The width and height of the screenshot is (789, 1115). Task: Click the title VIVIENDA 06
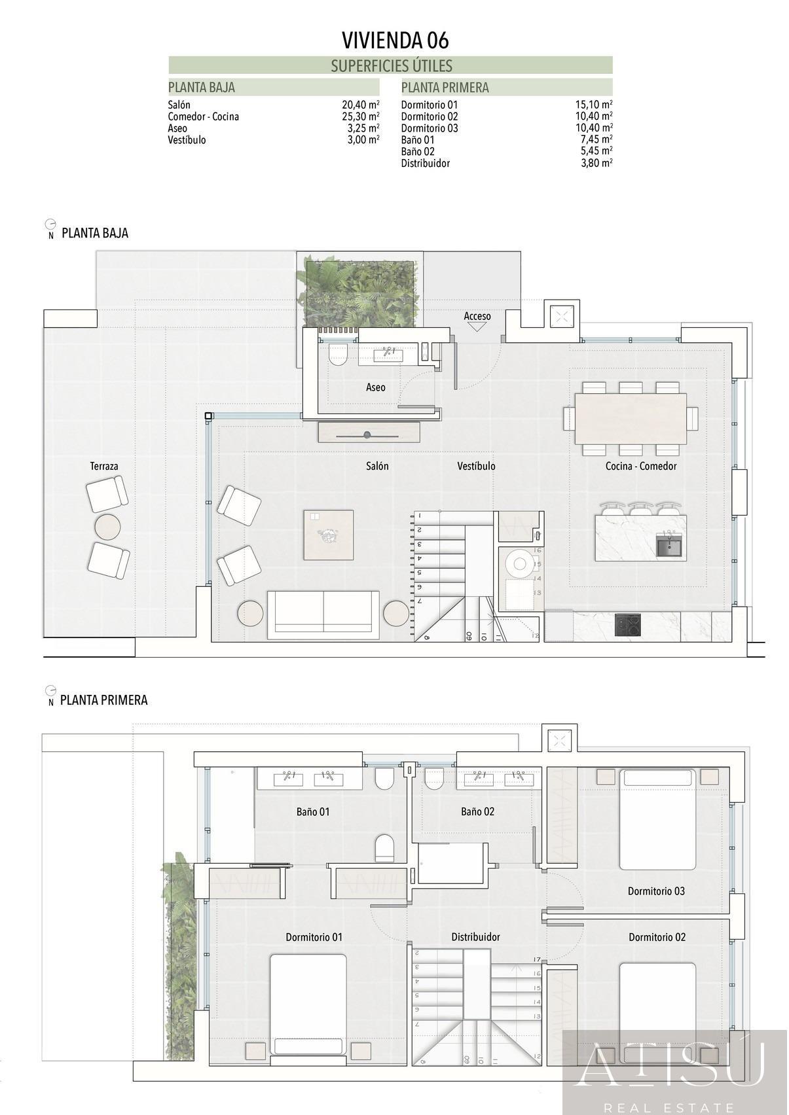pos(395,41)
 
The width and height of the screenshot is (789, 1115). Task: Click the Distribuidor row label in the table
pos(425,164)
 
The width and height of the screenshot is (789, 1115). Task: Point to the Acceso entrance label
pos(477,317)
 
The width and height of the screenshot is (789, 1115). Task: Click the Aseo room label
pos(375,387)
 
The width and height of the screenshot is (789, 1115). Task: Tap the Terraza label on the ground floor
pos(104,466)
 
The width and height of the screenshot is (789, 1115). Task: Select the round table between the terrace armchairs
pos(107,526)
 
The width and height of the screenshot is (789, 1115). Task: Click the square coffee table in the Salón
pos(328,535)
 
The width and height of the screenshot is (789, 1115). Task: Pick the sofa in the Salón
pos(323,615)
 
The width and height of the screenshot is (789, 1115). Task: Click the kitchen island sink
pos(669,544)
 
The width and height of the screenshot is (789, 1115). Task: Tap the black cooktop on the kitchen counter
pos(628,625)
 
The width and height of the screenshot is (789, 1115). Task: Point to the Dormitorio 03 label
pos(656,891)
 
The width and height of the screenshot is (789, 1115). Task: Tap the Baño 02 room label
pos(477,811)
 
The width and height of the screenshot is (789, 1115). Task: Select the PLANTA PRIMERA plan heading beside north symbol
pos(103,700)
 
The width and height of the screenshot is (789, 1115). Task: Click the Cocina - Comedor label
pos(640,466)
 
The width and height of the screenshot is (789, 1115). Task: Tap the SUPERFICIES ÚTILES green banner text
pos(391,65)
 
